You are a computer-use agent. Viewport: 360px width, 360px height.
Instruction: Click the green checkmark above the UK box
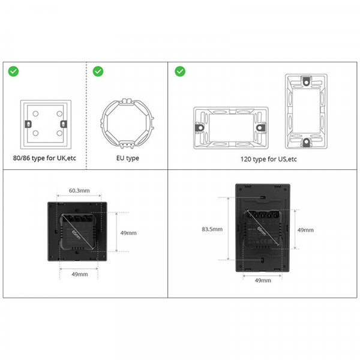pyautogui.click(x=13, y=71)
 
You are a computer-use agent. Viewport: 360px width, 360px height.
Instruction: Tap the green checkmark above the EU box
pyautogui.click(x=98, y=71)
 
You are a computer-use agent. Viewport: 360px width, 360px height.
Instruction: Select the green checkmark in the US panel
pyautogui.click(x=179, y=71)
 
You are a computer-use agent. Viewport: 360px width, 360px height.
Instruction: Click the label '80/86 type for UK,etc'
pyautogui.click(x=45, y=158)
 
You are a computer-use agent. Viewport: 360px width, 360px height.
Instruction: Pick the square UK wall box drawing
pyautogui.click(x=44, y=124)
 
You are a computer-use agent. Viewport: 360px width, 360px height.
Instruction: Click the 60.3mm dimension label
pyautogui.click(x=79, y=191)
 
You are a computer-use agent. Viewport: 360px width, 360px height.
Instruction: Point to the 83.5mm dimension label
pyautogui.click(x=212, y=229)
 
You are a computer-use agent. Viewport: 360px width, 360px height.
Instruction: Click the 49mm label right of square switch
pyautogui.click(x=128, y=233)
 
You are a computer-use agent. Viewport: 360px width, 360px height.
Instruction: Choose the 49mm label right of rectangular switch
pyautogui.click(x=305, y=229)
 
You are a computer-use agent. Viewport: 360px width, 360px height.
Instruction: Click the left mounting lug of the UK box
pyautogui.click(x=26, y=124)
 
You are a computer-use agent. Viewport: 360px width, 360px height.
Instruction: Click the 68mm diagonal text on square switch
pyautogui.click(x=76, y=232)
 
